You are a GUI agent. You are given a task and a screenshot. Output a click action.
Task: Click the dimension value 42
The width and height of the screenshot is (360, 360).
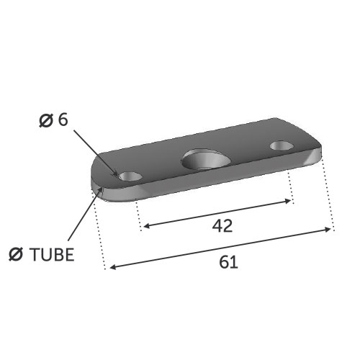[x=222, y=226]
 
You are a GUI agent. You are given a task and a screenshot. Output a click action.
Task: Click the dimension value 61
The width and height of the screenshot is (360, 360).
[x=228, y=262]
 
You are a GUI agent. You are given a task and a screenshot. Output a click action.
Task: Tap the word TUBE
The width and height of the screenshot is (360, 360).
[x=52, y=254]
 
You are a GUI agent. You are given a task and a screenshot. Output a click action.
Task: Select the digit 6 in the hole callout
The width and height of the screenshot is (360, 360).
[x=63, y=120]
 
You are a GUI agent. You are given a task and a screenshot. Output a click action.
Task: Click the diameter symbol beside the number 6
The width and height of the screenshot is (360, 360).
[x=46, y=121]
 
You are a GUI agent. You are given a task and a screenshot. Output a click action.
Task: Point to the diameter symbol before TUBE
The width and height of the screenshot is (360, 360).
[x=16, y=254]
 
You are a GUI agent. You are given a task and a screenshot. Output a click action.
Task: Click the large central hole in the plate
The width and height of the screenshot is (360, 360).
[x=206, y=159]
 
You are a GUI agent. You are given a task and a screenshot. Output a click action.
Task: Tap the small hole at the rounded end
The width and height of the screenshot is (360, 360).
[x=130, y=176]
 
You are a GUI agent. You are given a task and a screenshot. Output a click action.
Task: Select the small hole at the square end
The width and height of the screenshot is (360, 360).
[x=282, y=145]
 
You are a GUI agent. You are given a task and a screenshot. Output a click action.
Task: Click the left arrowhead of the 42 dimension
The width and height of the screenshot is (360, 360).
[x=146, y=226]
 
